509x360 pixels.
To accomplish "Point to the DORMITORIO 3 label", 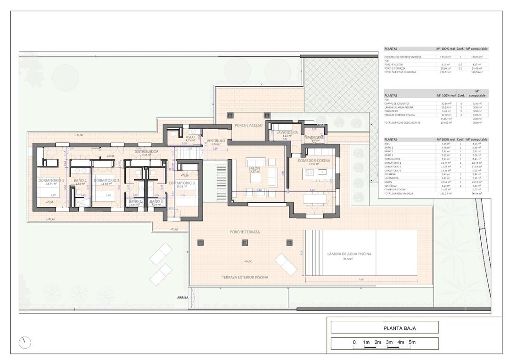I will [182, 183].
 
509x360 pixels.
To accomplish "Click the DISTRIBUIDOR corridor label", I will [147, 151].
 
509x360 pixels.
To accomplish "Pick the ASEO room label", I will [190, 137].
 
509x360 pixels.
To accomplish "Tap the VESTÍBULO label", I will [216, 140].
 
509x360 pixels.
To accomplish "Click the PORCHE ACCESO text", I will [248, 125].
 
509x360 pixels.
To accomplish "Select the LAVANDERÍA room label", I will [287, 133].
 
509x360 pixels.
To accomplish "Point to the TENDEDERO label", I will [314, 137].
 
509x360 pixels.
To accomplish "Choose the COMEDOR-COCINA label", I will [313, 161].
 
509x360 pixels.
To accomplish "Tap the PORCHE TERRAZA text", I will [245, 232].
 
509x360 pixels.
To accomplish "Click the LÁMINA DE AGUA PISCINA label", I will [349, 254].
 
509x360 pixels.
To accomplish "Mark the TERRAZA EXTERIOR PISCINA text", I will [245, 278].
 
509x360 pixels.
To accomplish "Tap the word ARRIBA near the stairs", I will [182, 298].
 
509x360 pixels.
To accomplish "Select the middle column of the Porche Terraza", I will [245, 243].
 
